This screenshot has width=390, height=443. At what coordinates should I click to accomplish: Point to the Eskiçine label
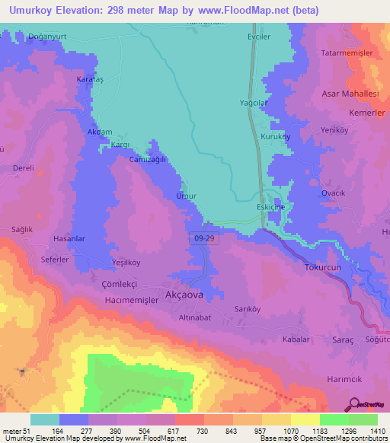click(270, 208)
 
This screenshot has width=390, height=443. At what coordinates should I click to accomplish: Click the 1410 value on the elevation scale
click(379, 432)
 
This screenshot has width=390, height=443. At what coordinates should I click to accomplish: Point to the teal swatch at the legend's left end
click(44, 419)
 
